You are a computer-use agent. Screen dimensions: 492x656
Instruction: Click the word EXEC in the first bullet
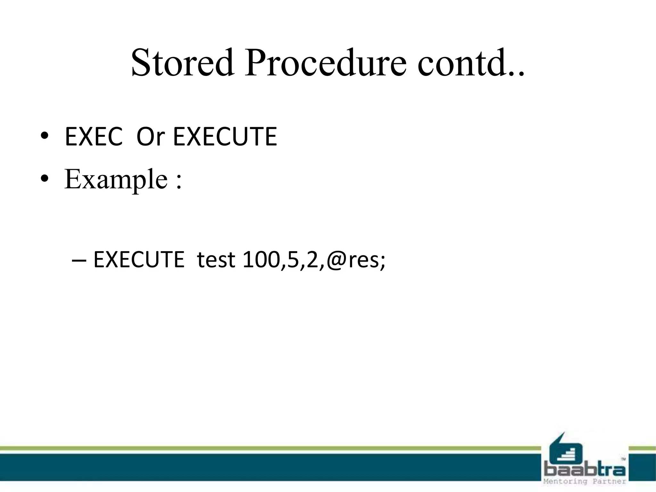point(94,137)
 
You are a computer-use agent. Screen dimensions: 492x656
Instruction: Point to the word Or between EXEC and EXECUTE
point(150,137)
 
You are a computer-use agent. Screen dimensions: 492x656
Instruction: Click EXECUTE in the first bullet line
point(225,137)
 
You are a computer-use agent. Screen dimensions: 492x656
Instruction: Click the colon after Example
point(179,181)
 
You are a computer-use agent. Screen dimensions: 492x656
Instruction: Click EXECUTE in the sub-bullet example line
point(139,259)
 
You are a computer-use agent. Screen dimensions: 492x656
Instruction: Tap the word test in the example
point(216,259)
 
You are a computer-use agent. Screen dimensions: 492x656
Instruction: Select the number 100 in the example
point(261,259)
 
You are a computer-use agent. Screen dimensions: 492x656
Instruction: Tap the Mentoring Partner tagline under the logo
point(585,481)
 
